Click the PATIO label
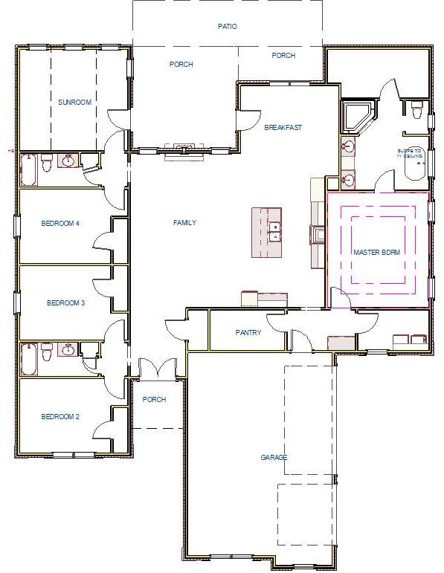point(228,26)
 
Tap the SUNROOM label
point(74,103)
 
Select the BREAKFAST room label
point(283,128)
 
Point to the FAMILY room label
point(184,222)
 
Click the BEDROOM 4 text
point(59,223)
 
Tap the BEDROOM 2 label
point(59,417)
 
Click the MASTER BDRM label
point(376,253)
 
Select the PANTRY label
point(248,333)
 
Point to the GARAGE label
point(274,458)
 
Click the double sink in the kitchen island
point(274,232)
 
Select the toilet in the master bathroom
point(416,111)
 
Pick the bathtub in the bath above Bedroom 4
point(29,169)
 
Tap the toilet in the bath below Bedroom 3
point(47,352)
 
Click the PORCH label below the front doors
point(154,400)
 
